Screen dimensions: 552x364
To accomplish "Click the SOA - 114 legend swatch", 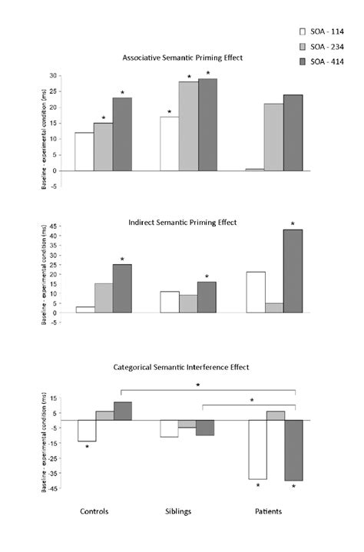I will coord(303,31).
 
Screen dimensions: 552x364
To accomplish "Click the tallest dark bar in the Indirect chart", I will coord(293,271).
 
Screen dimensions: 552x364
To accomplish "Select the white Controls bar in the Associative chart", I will coord(84,151).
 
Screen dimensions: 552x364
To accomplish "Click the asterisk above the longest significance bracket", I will coord(198,385).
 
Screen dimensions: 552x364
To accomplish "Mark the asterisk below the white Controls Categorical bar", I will coord(87,447).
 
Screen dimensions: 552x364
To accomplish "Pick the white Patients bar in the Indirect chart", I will coord(256,292).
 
